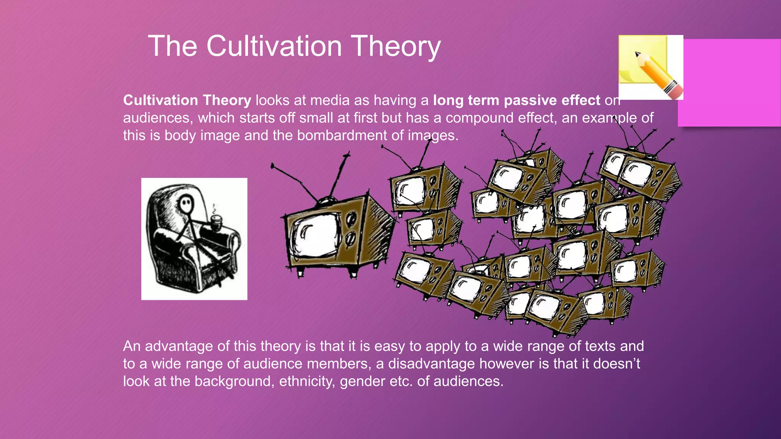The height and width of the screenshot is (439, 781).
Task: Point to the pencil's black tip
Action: point(637,54)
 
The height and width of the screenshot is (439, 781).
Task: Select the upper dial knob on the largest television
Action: point(352,218)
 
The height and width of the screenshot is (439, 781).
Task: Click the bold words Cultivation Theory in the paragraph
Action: point(187,100)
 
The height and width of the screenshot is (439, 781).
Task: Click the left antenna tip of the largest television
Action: point(272,166)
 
